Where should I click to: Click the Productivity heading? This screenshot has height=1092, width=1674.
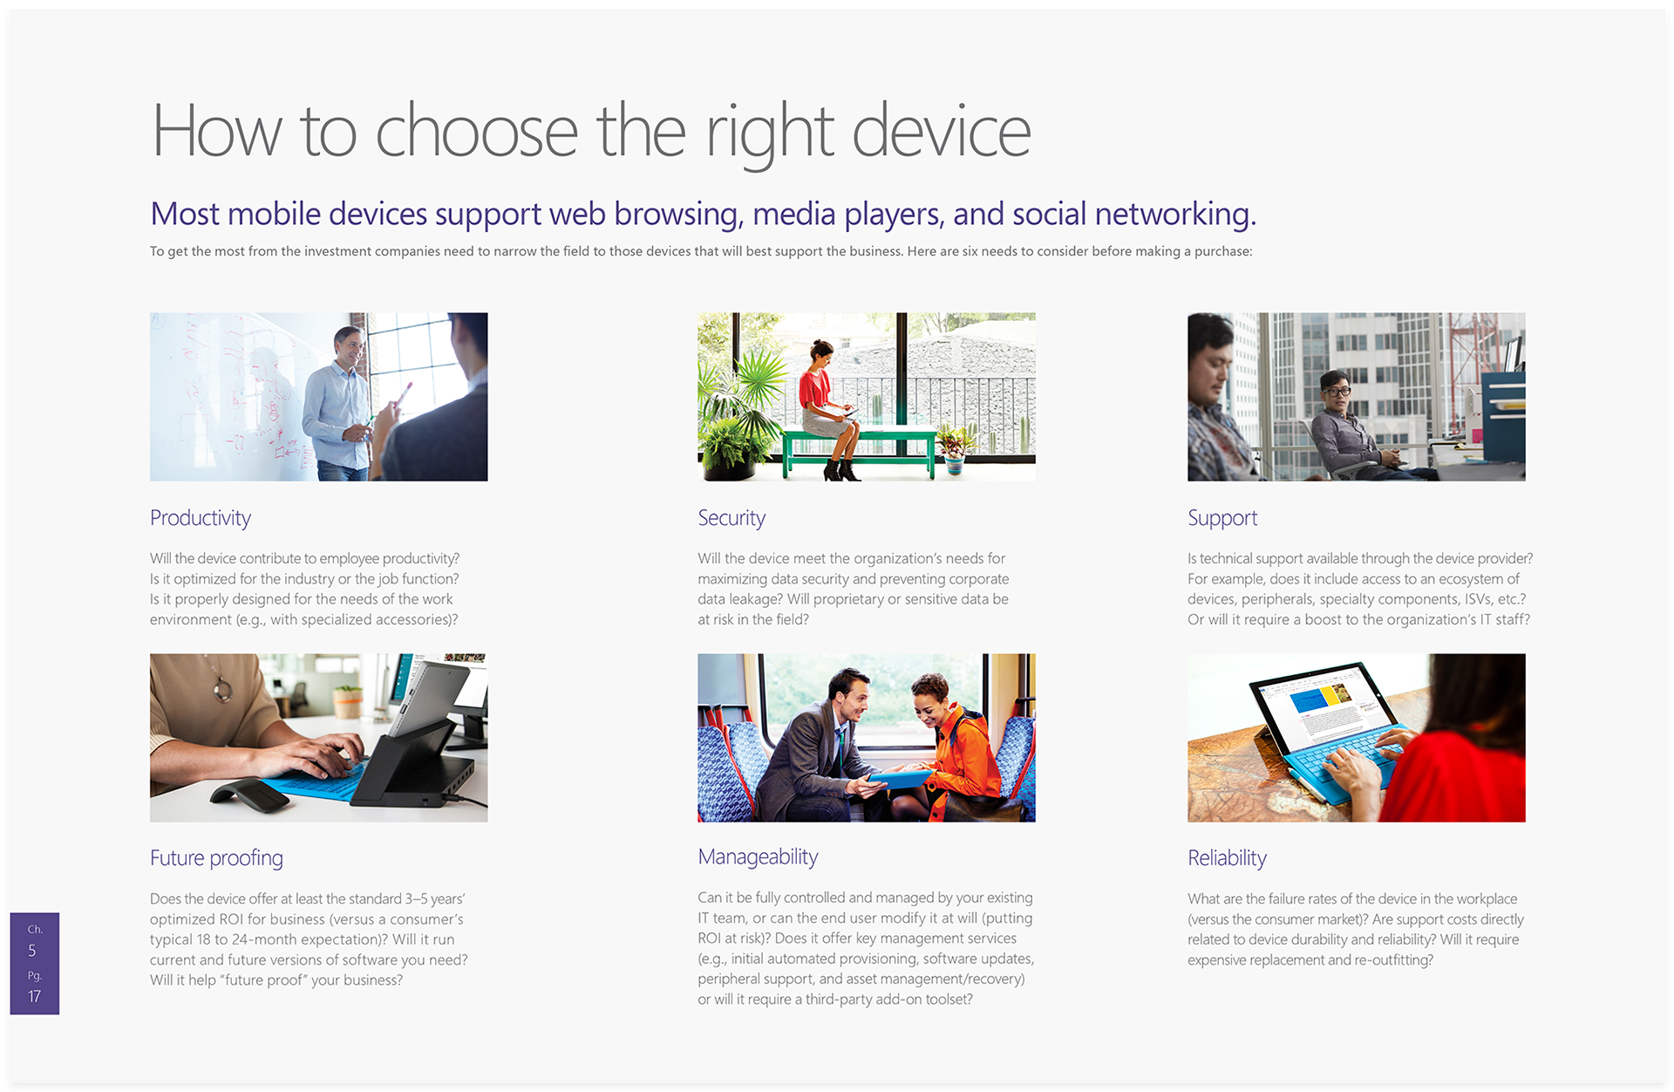point(201,518)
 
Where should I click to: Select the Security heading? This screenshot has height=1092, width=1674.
point(732,518)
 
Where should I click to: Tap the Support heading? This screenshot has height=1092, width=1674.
point(1222,518)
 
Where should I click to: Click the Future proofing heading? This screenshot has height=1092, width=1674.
point(216,858)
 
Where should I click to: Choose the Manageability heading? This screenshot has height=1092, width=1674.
point(758,857)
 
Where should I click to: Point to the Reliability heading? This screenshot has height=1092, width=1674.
point(1227,858)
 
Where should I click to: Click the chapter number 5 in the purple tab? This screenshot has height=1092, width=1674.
point(32,951)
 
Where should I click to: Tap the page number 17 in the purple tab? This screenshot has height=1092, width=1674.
point(34,996)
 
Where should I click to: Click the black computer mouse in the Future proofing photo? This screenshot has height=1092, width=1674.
point(249,794)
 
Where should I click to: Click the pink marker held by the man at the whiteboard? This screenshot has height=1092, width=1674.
point(403,393)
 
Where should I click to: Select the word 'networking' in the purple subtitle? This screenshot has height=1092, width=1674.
point(1173,215)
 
